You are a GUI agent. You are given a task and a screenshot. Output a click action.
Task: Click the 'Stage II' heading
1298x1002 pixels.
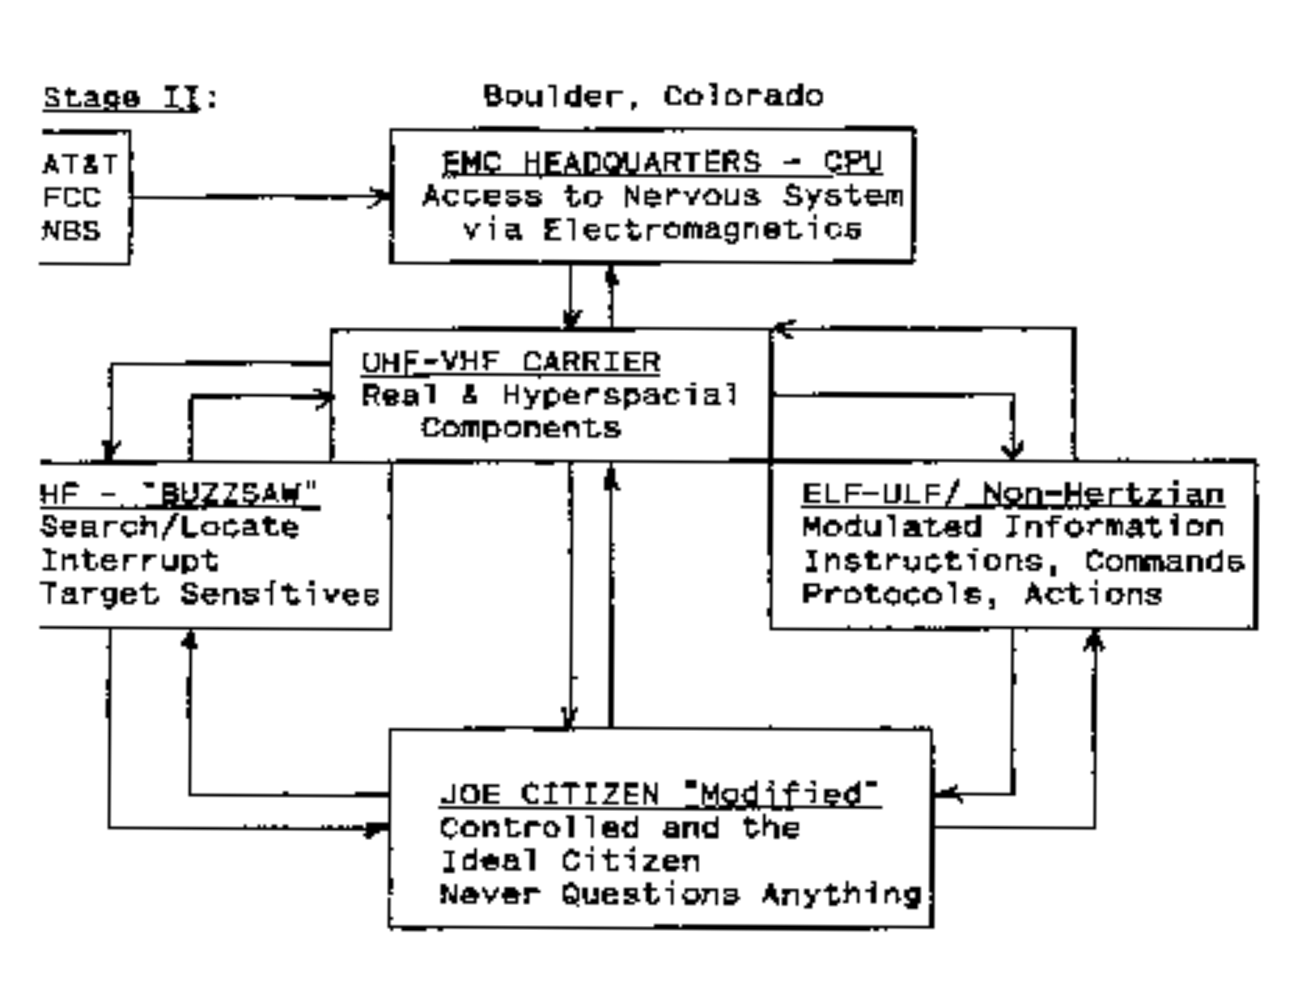coord(120,98)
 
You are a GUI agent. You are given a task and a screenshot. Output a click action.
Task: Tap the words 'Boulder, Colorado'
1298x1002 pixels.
coord(652,96)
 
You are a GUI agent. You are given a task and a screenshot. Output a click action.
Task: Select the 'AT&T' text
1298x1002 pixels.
coord(79,164)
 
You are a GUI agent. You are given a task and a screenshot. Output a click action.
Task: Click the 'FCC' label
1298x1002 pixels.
coord(71,197)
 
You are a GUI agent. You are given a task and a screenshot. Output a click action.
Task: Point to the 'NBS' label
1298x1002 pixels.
coord(71,231)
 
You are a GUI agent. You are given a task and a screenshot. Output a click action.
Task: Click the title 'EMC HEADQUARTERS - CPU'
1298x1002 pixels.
coord(660,163)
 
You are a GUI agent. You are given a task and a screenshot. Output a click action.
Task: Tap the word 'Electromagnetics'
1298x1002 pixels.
coord(701,230)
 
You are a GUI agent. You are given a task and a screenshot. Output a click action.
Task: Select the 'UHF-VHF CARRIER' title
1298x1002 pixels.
coord(511,361)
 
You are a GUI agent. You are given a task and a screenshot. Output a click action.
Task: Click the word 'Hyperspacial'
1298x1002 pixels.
coord(619,395)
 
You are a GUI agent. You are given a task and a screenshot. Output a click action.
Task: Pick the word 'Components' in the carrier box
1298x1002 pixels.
coord(520,427)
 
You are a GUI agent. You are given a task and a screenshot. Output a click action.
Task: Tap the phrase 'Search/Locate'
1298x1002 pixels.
coord(169,527)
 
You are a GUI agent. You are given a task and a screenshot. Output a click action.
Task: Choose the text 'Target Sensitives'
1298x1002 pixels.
coord(210,594)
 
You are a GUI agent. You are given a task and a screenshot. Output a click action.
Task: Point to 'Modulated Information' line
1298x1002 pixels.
coord(1012,527)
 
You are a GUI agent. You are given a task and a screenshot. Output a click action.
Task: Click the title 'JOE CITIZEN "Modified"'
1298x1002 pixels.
coord(660,794)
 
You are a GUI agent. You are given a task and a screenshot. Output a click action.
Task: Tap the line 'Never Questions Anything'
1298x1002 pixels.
coord(680,894)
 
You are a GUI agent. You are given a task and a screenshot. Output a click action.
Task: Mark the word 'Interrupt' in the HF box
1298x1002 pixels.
coord(129,560)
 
